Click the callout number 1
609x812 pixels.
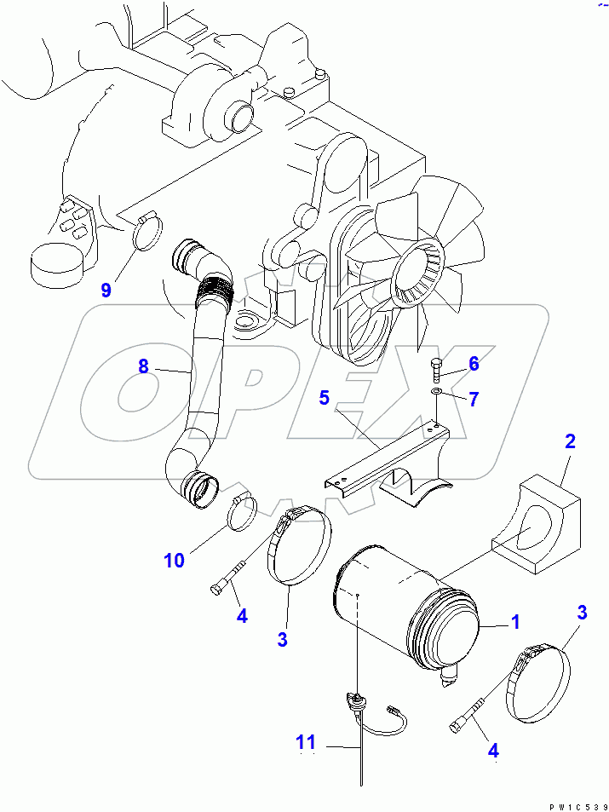[x=515, y=624]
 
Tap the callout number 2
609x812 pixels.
[x=570, y=441]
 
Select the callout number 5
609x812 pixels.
[x=324, y=396]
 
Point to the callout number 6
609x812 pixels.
[x=474, y=364]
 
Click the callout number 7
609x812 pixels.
[x=474, y=397]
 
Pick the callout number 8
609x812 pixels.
[x=143, y=366]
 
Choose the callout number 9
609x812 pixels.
[x=106, y=290]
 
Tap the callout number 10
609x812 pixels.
[x=174, y=560]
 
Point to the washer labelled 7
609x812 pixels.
[x=436, y=391]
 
